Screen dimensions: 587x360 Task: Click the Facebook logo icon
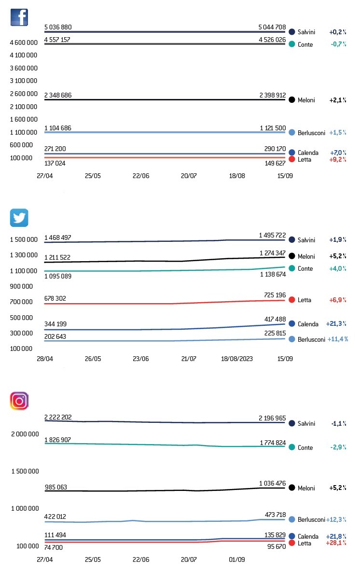tap(19, 18)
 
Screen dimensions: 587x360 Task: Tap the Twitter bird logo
tap(19, 218)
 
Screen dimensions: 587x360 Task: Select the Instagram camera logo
tap(19, 401)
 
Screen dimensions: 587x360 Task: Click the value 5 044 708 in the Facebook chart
tap(272, 27)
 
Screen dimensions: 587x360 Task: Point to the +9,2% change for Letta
tap(338, 159)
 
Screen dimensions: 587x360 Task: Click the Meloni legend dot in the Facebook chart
tap(292, 100)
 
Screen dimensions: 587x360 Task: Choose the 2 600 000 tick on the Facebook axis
tap(24, 94)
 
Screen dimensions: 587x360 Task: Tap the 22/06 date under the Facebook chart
tap(141, 176)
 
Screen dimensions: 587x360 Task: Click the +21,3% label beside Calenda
tap(338, 324)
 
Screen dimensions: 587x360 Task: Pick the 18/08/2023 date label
tap(237, 359)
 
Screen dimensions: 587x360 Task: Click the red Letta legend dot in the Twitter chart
tap(292, 300)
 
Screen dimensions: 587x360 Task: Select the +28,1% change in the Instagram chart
tap(338, 543)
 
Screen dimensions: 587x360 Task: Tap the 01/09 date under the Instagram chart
tap(237, 559)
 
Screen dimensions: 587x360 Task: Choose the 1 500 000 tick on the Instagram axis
tap(25, 471)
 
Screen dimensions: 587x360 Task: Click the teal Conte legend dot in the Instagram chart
tap(292, 447)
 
